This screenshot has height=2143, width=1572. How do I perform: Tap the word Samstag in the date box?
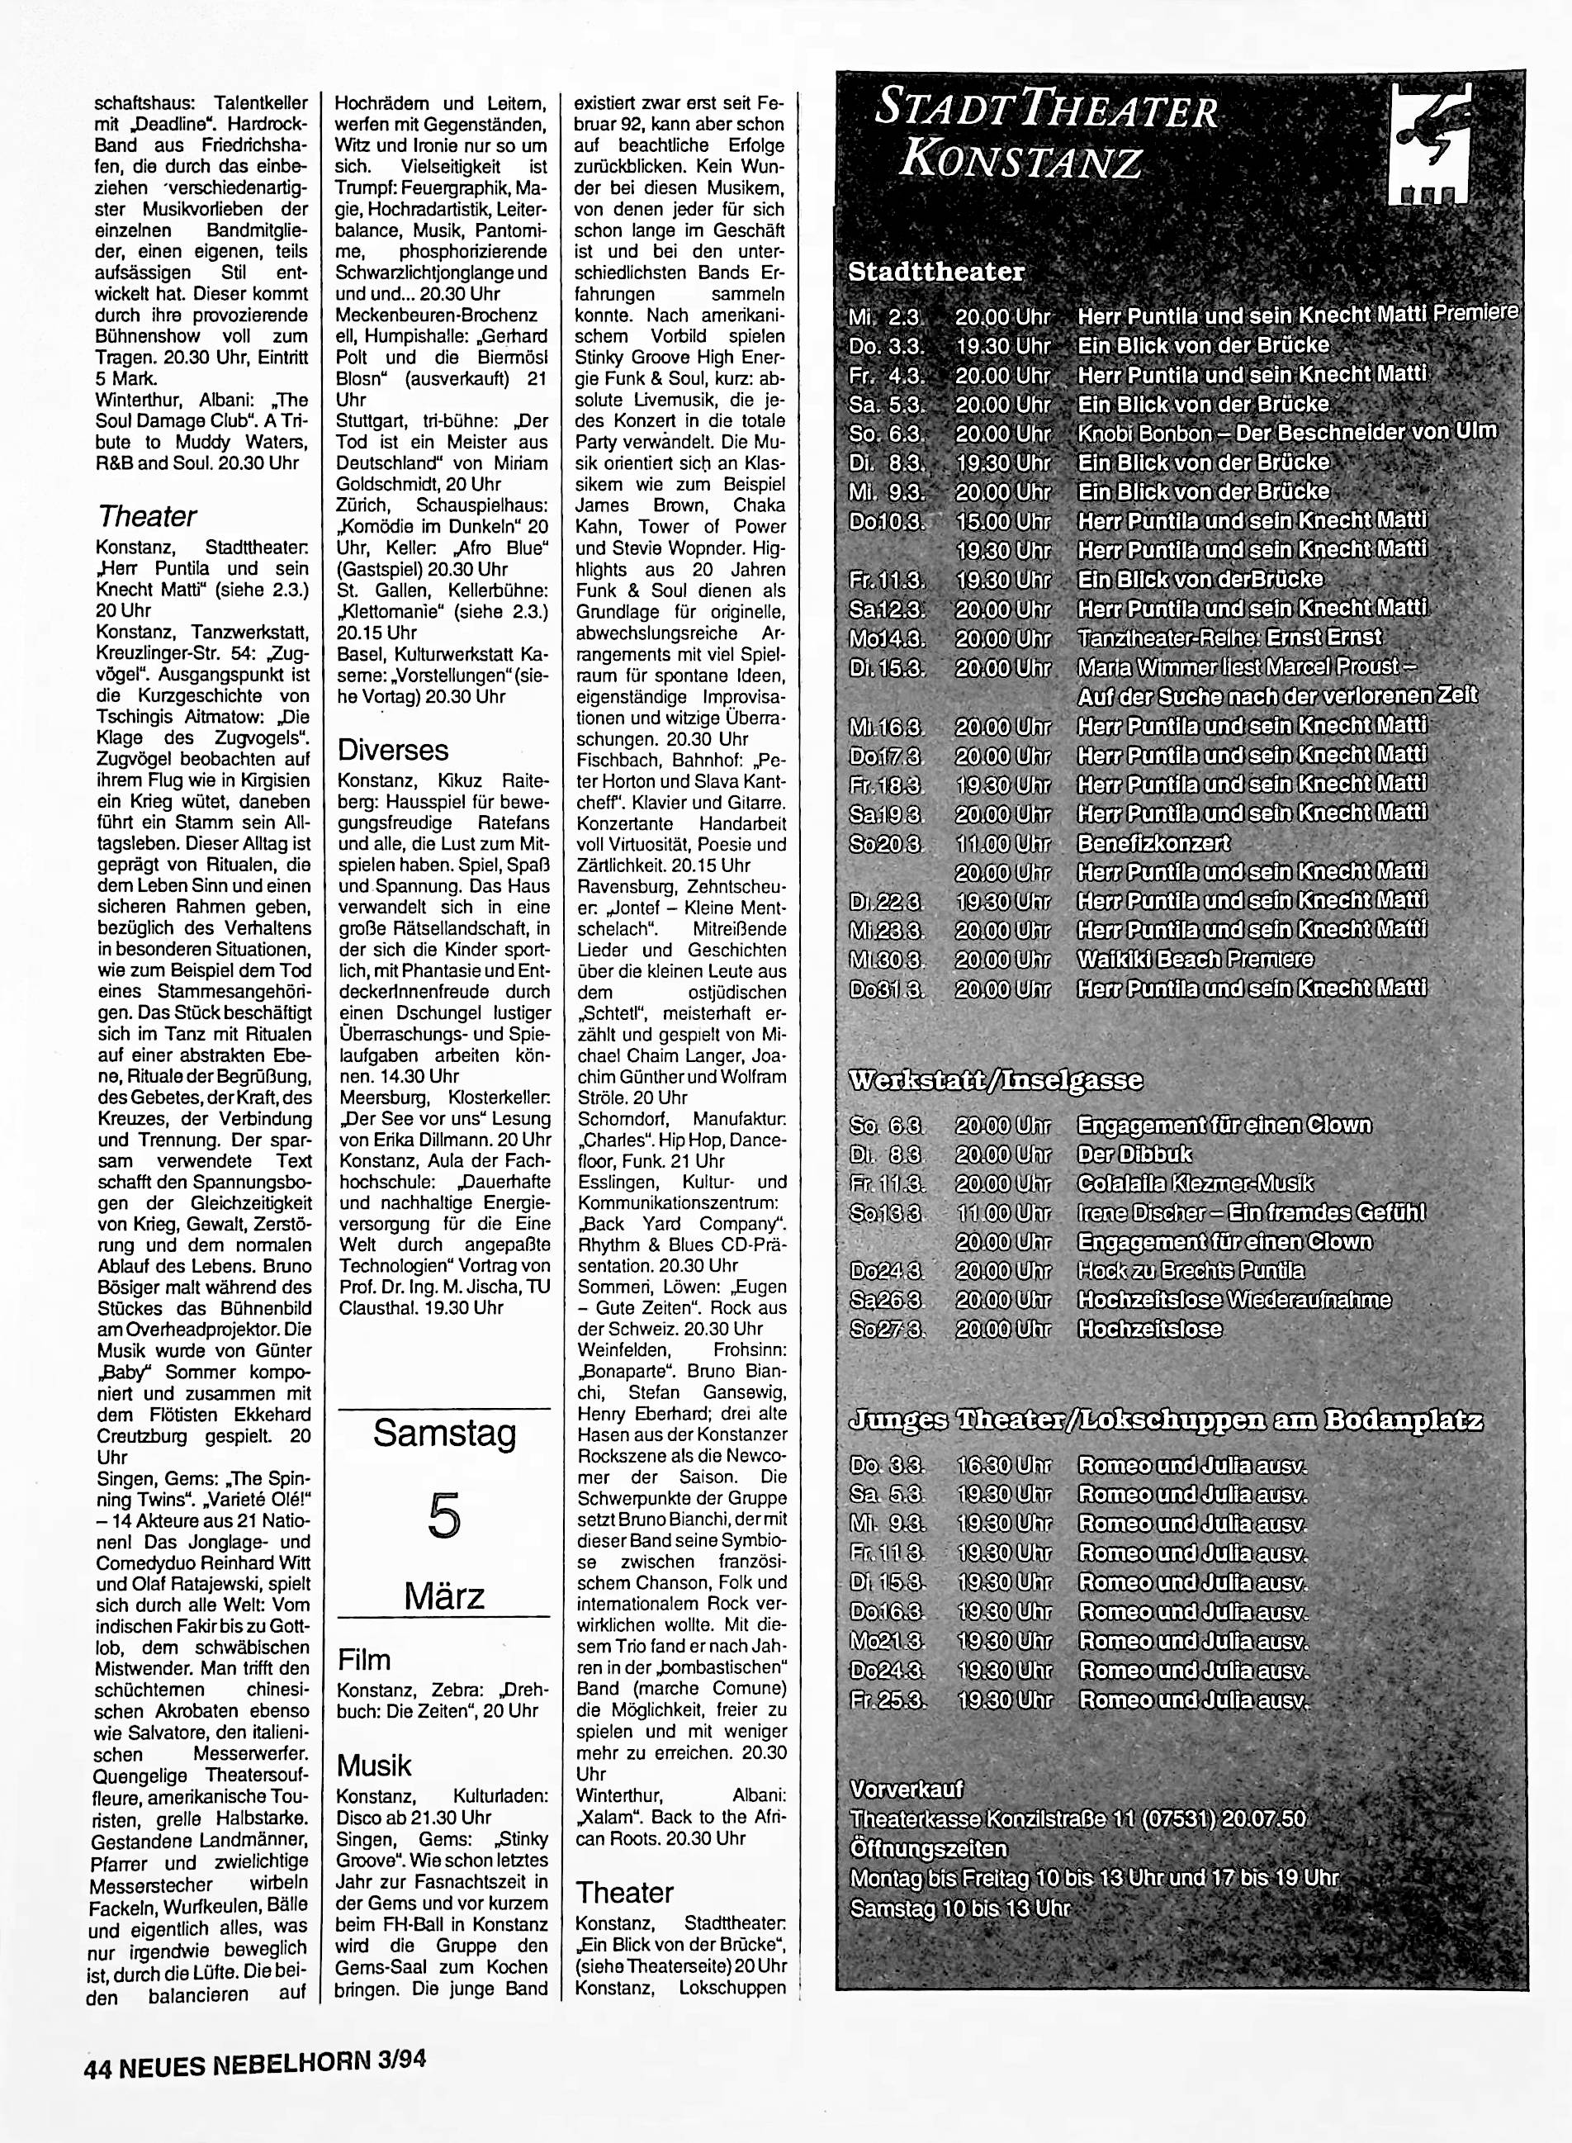(x=444, y=1433)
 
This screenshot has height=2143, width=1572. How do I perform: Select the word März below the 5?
(x=444, y=1595)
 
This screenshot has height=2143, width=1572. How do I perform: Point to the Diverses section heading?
(x=393, y=750)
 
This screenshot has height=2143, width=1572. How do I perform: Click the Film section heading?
(x=364, y=1660)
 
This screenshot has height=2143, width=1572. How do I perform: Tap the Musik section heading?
(x=375, y=1766)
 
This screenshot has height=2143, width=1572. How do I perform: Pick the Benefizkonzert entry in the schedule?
(x=1153, y=843)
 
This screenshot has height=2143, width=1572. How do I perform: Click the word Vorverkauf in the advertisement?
(x=907, y=1789)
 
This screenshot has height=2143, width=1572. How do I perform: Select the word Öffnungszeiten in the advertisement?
(x=928, y=1849)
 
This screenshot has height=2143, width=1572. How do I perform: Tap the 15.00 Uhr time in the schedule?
(x=1003, y=521)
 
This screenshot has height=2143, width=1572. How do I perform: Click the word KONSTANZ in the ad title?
(x=1021, y=162)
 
